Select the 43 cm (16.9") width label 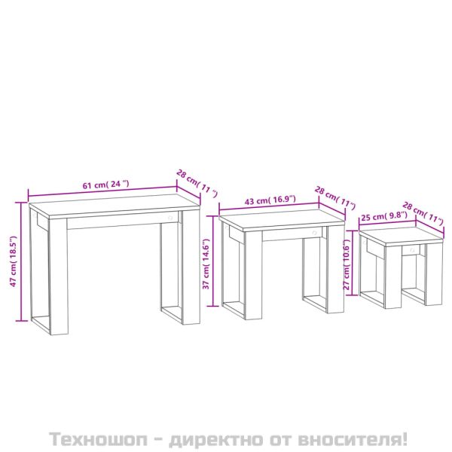[270, 200]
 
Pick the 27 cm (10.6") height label [347, 267]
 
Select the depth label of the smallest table [423, 212]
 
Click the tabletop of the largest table [113, 208]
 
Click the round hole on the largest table [170, 218]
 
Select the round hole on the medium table [313, 233]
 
